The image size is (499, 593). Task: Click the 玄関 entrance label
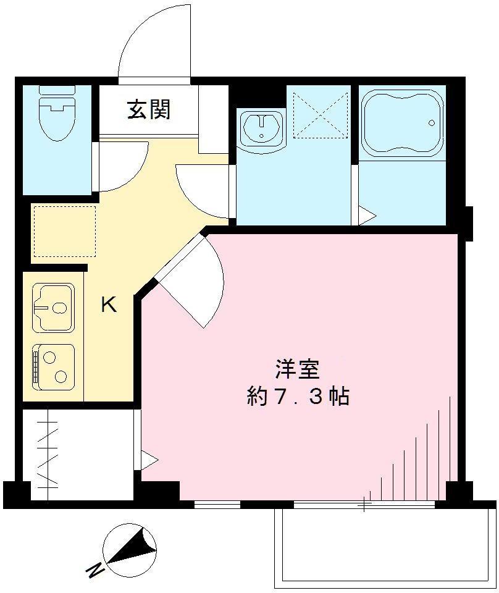[149, 110]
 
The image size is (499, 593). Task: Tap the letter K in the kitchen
[109, 305]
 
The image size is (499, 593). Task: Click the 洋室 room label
[297, 369]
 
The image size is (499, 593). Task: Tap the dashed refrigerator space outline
[64, 231]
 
